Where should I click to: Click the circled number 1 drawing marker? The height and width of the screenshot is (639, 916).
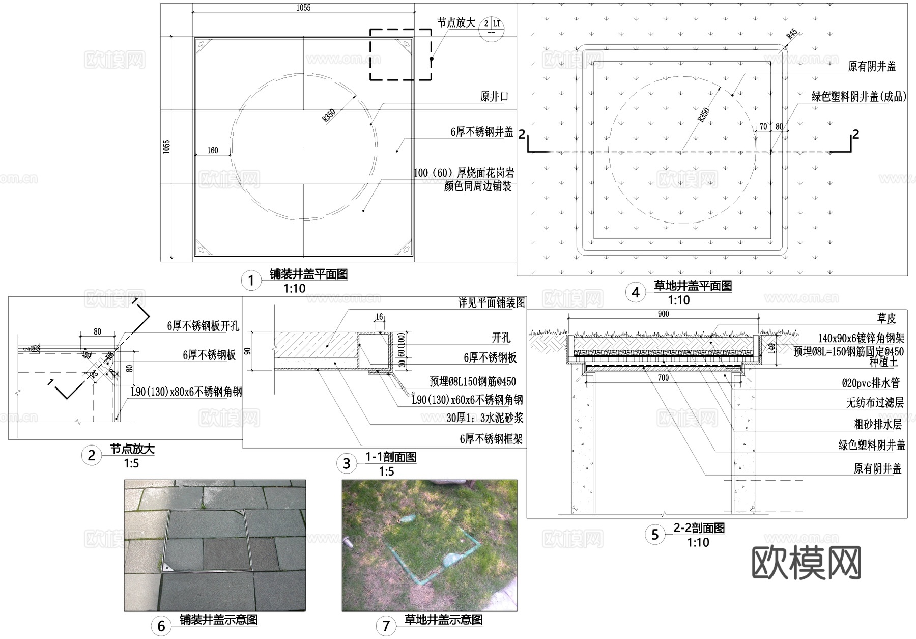[x=250, y=281]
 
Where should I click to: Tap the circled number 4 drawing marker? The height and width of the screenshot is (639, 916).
[x=635, y=292]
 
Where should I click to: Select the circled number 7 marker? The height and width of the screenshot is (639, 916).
[x=386, y=626]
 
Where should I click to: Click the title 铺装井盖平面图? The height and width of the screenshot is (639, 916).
[x=308, y=274]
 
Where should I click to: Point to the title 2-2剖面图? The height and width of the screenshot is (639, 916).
[x=699, y=528]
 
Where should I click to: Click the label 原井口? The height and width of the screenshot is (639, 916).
[x=494, y=96]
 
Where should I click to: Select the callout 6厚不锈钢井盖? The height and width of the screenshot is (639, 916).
[x=481, y=132]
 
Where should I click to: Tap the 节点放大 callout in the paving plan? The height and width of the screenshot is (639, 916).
[x=456, y=23]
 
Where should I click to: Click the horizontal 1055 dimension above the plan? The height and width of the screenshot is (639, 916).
[x=303, y=8]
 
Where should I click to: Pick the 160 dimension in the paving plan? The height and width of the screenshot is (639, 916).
[x=213, y=150]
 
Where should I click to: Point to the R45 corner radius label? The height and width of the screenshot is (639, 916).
[x=792, y=34]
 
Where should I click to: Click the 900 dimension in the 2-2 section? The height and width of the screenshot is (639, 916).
[x=663, y=314]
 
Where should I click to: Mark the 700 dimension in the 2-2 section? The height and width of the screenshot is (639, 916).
[x=663, y=378]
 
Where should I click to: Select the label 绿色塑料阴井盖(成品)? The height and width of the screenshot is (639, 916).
[x=858, y=96]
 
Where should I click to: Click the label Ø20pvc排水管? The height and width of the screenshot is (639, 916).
[x=871, y=383]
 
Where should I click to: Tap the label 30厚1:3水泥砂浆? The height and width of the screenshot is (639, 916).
[x=484, y=418]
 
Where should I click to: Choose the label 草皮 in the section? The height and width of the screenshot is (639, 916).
[x=886, y=318]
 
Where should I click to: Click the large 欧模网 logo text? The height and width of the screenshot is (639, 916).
[x=806, y=563]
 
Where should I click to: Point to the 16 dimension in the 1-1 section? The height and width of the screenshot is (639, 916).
[x=379, y=317]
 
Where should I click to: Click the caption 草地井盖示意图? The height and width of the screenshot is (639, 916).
[x=443, y=620]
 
